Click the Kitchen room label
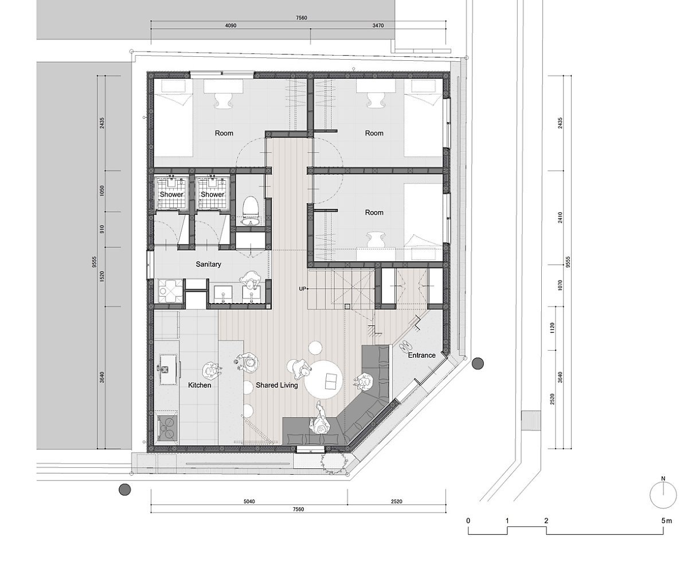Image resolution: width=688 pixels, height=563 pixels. pos(200,385)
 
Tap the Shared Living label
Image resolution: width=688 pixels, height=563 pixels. pos(277,385)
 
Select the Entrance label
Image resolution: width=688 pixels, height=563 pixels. pos(421,355)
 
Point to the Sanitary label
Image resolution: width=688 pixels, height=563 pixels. pos(208,264)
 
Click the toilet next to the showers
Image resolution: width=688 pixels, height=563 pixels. pos(251,211)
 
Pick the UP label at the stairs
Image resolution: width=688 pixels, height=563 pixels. pos(302,289)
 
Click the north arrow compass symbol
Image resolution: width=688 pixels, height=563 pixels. pos(663,495)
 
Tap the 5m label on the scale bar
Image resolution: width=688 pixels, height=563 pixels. pos(666,521)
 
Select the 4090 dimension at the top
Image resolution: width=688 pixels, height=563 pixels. pos(230,25)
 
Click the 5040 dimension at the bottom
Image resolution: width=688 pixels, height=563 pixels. pos(249,501)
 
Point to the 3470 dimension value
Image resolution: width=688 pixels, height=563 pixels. pos(378,25)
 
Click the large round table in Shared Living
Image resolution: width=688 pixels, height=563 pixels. pos(323,379)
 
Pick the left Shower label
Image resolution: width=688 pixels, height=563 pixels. pos(171,195)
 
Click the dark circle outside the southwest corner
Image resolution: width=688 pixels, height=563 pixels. pos(124,490)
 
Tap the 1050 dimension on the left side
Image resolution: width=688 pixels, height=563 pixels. pos(102,191)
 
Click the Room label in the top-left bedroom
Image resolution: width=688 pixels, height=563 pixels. pos(224,133)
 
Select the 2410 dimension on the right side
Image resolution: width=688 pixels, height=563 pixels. pos(560,218)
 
